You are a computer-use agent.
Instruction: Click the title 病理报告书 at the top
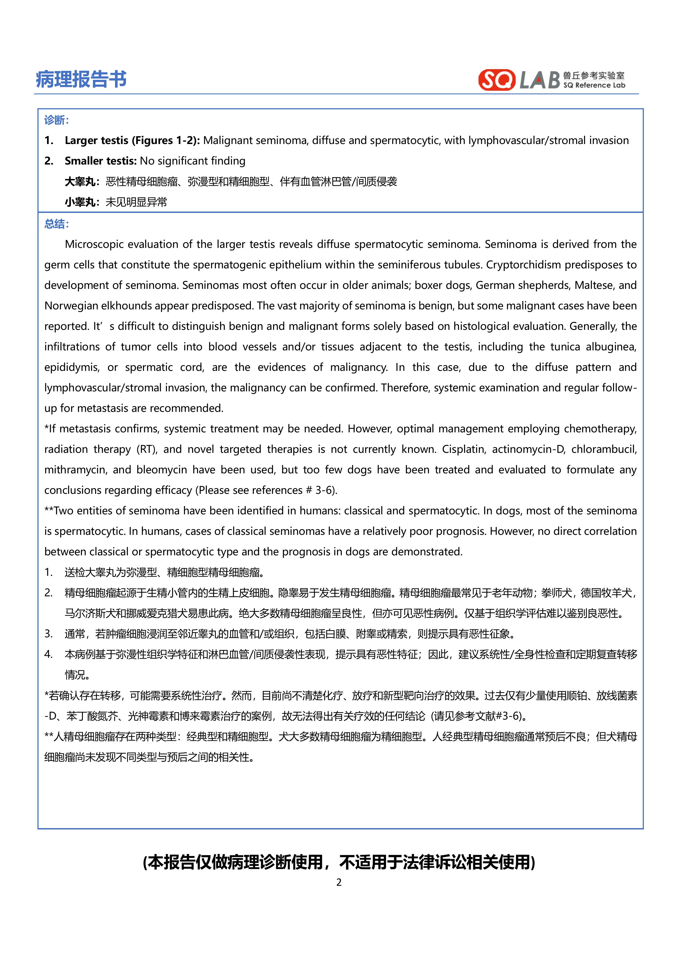click(x=81, y=79)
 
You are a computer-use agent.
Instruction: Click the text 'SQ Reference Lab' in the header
click(x=594, y=85)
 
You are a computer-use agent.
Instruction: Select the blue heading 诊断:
click(x=56, y=120)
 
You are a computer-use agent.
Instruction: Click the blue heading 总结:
click(x=56, y=224)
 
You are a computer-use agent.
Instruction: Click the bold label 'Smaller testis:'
click(x=100, y=161)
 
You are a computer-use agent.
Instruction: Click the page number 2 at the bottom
click(x=339, y=882)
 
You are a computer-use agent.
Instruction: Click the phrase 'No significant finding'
click(x=193, y=161)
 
